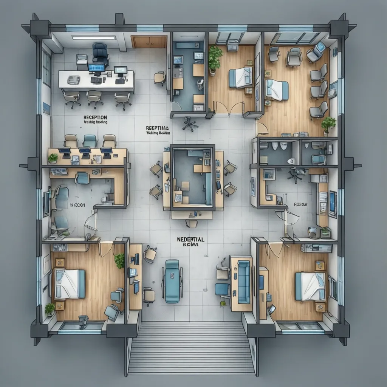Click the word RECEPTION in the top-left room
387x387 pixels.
95,117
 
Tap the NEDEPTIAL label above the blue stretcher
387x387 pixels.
190,239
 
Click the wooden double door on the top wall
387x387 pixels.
149,42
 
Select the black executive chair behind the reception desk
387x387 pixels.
100,53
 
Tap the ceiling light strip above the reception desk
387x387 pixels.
94,37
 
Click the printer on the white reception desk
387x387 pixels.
74,79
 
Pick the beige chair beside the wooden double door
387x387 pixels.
159,77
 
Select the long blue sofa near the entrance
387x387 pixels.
243,281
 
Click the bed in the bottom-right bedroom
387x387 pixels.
310,286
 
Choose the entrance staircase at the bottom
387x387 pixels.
191,348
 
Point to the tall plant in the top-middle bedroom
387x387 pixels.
215,59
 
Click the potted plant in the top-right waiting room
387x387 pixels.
328,124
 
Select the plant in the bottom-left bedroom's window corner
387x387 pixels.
50,310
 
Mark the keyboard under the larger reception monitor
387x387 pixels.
96,80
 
